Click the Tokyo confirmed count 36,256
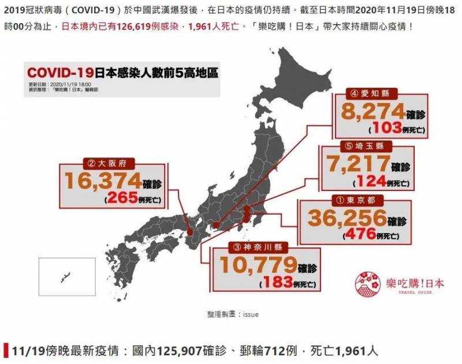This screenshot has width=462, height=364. click(347, 218)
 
